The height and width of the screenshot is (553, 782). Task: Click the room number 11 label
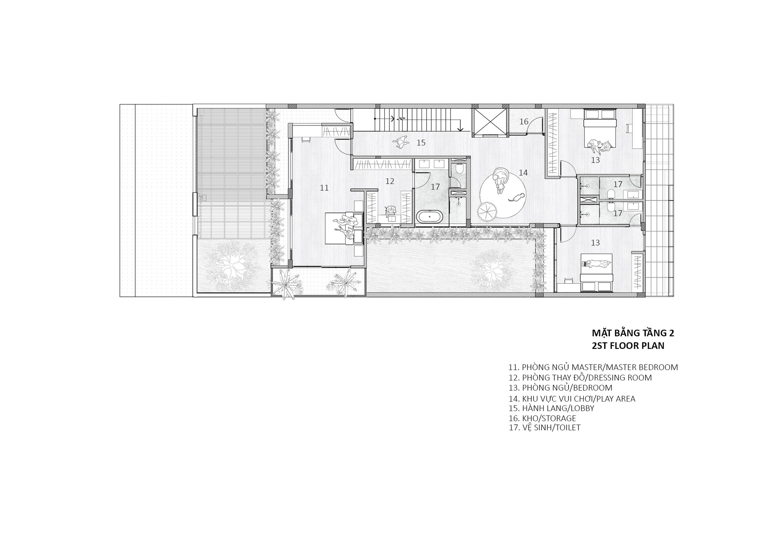tap(324, 188)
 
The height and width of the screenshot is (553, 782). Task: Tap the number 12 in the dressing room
tap(390, 181)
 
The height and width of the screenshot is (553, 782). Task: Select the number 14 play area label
tap(523, 172)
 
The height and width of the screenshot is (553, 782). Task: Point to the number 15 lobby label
tap(421, 143)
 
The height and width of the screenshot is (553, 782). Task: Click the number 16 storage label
tap(524, 122)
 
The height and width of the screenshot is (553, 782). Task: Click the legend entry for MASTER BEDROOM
tap(593, 367)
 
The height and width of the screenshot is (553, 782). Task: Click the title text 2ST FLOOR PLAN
tap(628, 346)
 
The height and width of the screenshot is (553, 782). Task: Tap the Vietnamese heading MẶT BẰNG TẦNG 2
tap(633, 333)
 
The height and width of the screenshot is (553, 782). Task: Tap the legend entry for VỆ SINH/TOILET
tap(545, 427)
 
